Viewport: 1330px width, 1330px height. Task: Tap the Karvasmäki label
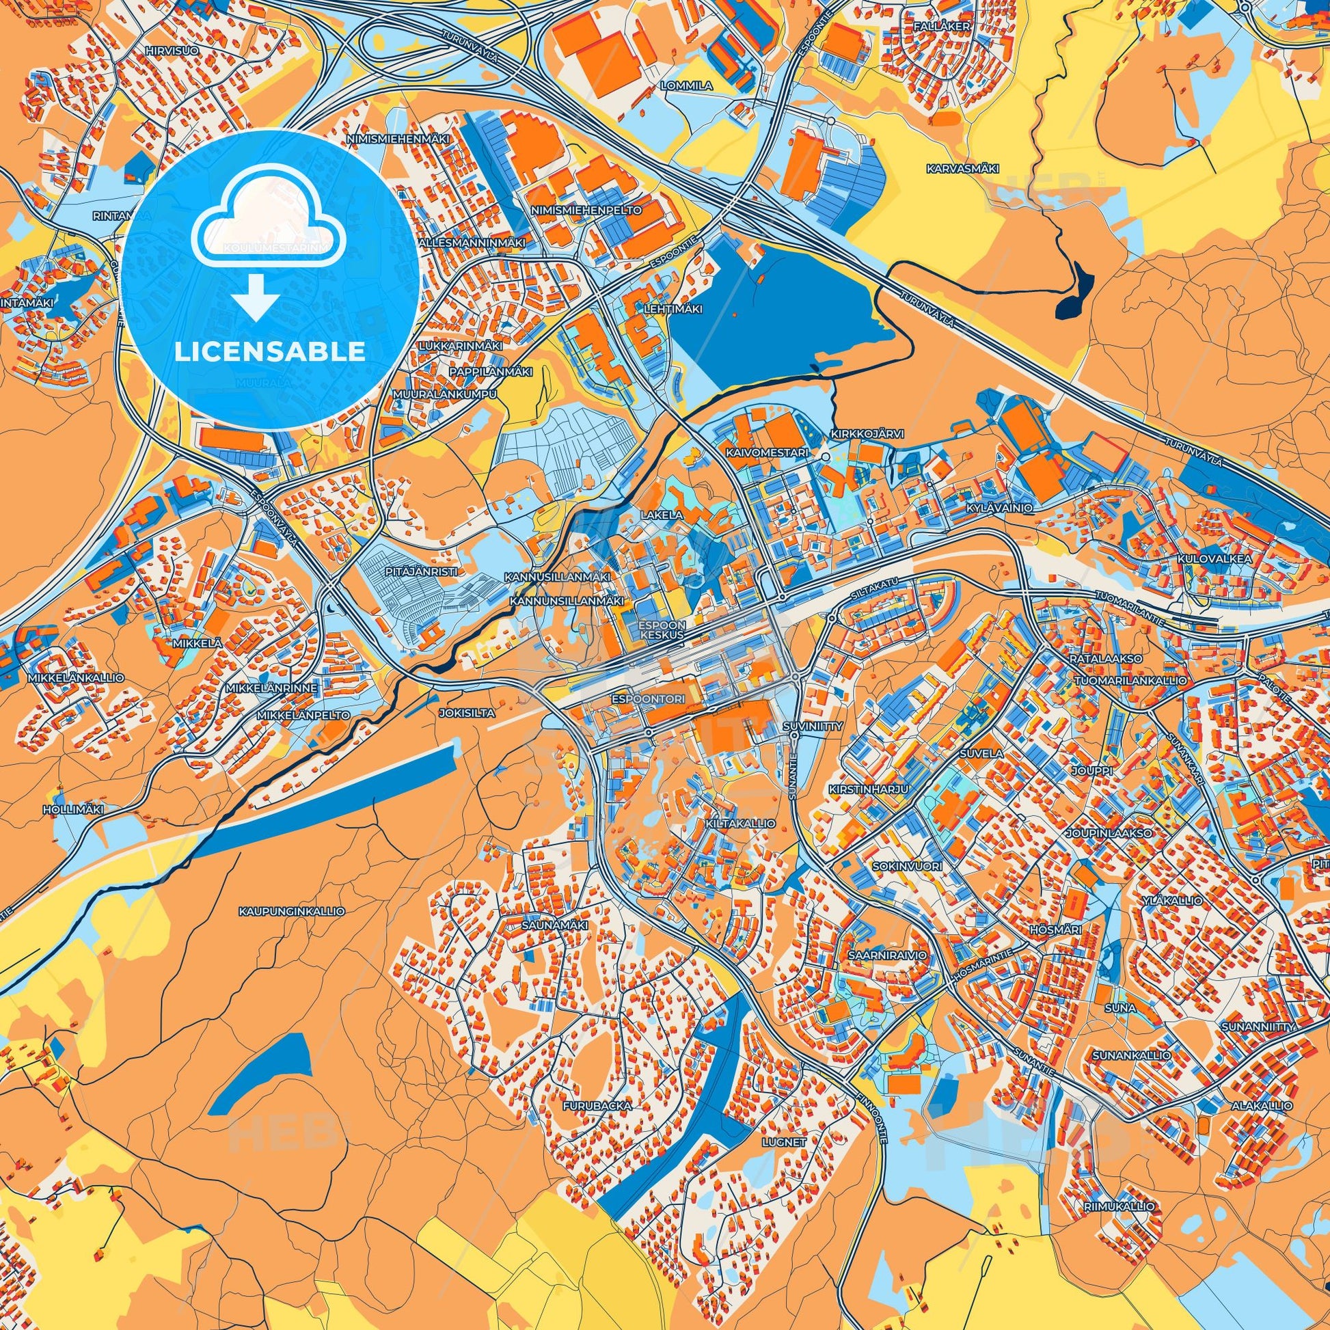coord(953,168)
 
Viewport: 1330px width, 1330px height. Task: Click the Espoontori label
coord(647,699)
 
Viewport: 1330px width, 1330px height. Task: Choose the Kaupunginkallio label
coord(292,911)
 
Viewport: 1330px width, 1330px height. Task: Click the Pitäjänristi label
coord(411,571)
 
